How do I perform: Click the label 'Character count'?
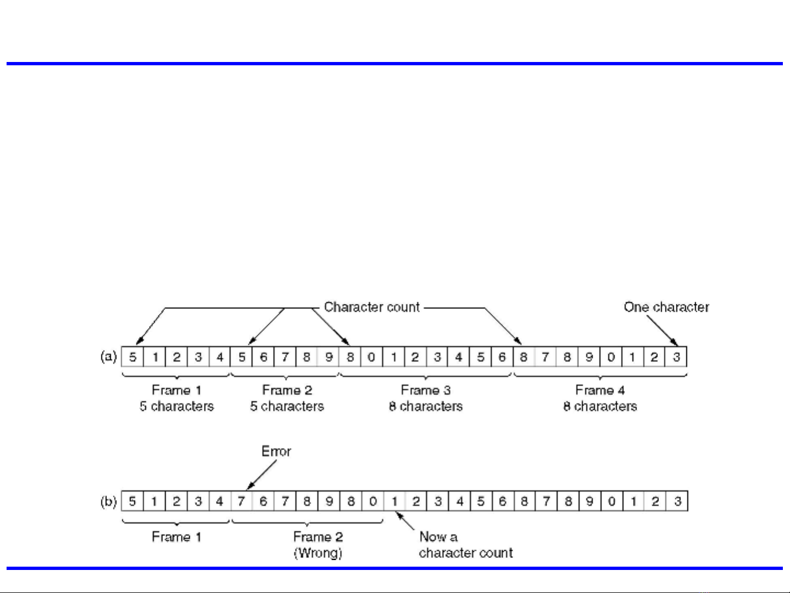pyautogui.click(x=372, y=307)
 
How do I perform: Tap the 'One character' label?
pyautogui.click(x=666, y=307)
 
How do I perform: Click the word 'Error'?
pyautogui.click(x=276, y=451)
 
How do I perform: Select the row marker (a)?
pyautogui.click(x=109, y=357)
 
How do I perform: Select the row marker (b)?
pyautogui.click(x=109, y=501)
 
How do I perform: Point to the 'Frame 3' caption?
pyautogui.click(x=425, y=390)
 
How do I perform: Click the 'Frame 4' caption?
pyautogui.click(x=600, y=390)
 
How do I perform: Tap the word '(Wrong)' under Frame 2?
pyautogui.click(x=318, y=552)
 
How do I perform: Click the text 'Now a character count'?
pyautogui.click(x=465, y=545)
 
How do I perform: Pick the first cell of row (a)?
pyautogui.click(x=133, y=357)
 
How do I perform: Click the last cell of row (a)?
pyautogui.click(x=677, y=357)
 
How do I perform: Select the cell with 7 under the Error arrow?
pyautogui.click(x=241, y=501)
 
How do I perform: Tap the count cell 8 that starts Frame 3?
pyautogui.click(x=350, y=357)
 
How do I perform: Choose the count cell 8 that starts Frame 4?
pyautogui.click(x=524, y=357)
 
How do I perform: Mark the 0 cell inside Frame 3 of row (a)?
pyautogui.click(x=372, y=357)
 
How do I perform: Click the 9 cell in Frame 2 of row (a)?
pyautogui.click(x=328, y=357)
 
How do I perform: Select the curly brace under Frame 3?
pyautogui.click(x=425, y=376)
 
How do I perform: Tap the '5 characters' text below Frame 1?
pyautogui.click(x=177, y=406)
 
